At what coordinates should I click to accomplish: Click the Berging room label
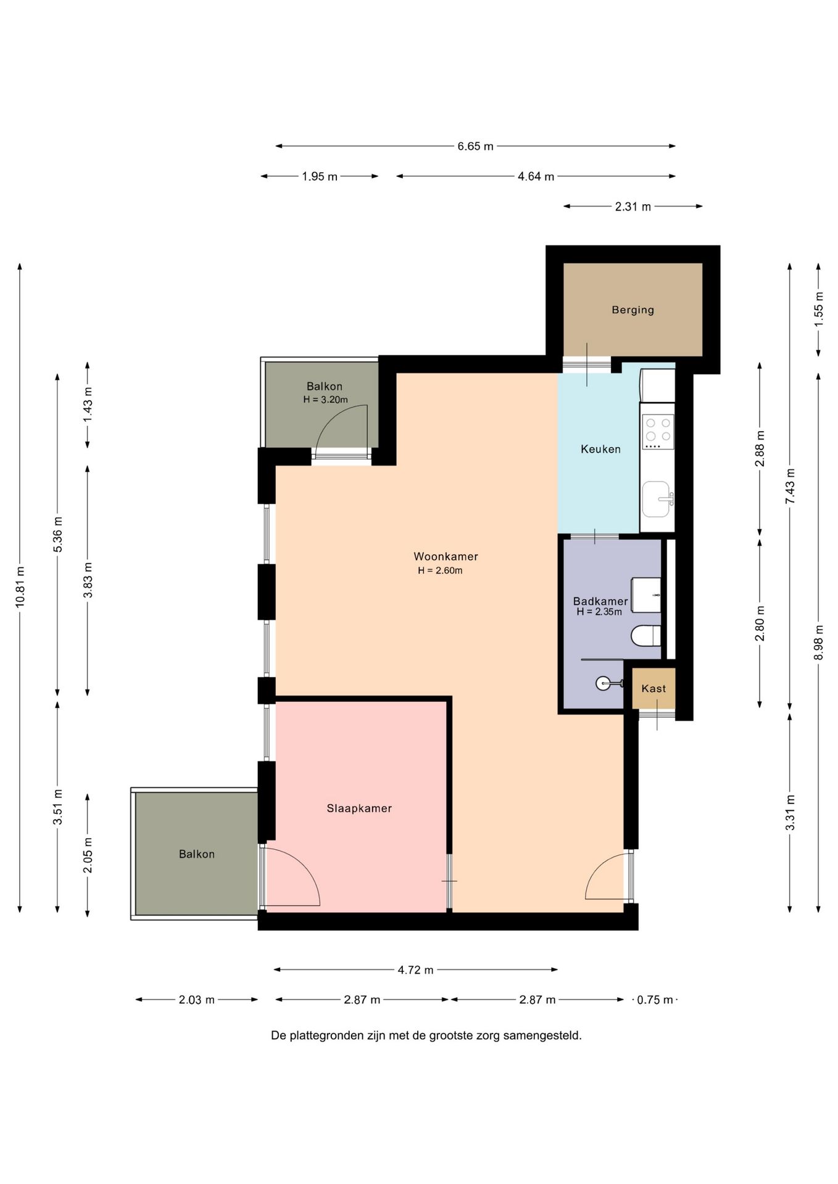point(633,310)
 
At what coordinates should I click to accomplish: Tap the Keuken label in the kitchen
point(600,449)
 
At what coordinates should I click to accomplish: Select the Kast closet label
point(653,688)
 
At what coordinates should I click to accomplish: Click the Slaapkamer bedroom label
point(359,808)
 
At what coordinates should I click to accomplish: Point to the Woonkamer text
point(446,556)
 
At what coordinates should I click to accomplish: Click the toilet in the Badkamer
point(646,635)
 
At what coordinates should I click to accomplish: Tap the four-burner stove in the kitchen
point(658,432)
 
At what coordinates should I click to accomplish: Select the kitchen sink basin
point(657,499)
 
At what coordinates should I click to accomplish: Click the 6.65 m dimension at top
point(475,146)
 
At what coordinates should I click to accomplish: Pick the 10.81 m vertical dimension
point(20,586)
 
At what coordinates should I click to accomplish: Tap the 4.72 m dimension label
point(415,969)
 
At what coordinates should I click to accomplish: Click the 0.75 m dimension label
point(655,1000)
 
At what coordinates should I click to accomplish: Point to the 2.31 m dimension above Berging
point(633,207)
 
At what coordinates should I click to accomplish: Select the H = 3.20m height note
point(325,400)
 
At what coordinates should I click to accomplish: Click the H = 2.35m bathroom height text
point(599,612)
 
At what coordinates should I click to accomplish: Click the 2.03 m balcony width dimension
point(197,1000)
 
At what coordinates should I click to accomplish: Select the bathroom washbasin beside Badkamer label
point(646,595)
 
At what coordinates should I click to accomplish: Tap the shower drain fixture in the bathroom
point(604,683)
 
